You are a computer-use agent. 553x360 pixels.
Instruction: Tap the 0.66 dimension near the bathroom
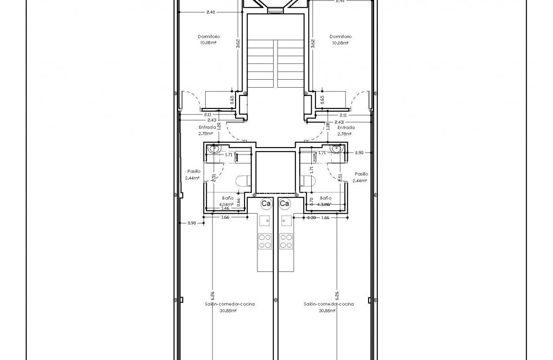tap(238, 202)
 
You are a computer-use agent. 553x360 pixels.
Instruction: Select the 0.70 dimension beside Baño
tap(312, 201)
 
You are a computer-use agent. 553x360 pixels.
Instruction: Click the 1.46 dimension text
tap(225, 208)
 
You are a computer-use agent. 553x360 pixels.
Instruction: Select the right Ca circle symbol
tap(284, 204)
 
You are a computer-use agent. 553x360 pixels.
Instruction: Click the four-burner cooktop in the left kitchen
tap(265, 241)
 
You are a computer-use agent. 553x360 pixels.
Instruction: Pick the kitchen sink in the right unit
tap(286, 220)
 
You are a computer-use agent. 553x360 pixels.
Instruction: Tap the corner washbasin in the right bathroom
tap(336, 148)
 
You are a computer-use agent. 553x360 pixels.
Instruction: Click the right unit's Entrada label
tap(346, 127)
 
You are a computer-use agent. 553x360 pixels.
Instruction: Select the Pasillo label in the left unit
tap(194, 171)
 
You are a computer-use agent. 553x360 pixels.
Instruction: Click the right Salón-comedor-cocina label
tap(328, 304)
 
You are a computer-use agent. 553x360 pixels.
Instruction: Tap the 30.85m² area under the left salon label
tap(228, 311)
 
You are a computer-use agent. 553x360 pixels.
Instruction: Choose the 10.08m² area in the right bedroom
tap(340, 43)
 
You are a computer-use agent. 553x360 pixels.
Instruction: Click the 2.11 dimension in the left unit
tap(207, 114)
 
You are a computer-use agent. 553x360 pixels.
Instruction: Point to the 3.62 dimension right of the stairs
tap(313, 44)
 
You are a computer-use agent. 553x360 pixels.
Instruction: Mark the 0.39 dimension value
tap(311, 218)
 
